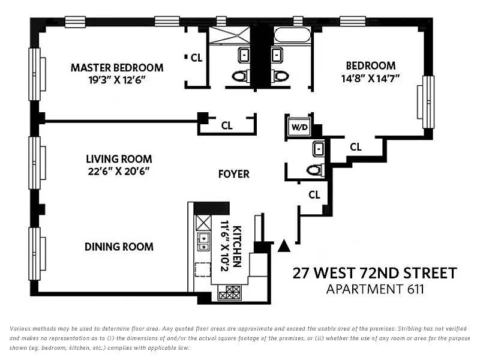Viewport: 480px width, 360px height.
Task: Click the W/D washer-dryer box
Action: (299, 127)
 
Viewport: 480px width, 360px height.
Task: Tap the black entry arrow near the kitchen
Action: (284, 245)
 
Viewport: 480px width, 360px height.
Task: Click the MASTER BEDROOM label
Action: (117, 68)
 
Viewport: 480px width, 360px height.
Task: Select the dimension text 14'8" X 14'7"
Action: (370, 79)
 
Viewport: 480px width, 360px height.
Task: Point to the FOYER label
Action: (234, 174)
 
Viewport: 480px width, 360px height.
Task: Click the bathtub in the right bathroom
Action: (292, 35)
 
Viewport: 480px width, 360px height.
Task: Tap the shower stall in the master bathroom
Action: (230, 35)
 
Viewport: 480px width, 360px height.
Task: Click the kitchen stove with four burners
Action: (230, 292)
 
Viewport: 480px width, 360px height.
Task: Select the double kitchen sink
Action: (203, 242)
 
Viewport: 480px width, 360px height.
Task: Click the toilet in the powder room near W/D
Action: (316, 170)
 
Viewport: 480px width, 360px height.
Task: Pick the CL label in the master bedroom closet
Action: (196, 58)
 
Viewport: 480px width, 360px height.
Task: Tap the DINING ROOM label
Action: (119, 247)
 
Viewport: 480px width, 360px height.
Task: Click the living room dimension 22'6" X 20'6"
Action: (119, 172)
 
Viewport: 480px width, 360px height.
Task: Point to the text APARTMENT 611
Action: (375, 289)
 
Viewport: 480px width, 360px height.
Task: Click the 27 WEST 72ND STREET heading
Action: (375, 273)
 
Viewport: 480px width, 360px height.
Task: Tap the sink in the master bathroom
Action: (244, 55)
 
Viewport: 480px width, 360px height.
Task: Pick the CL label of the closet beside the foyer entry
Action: (314, 195)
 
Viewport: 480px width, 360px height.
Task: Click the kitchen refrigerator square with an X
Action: (203, 223)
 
